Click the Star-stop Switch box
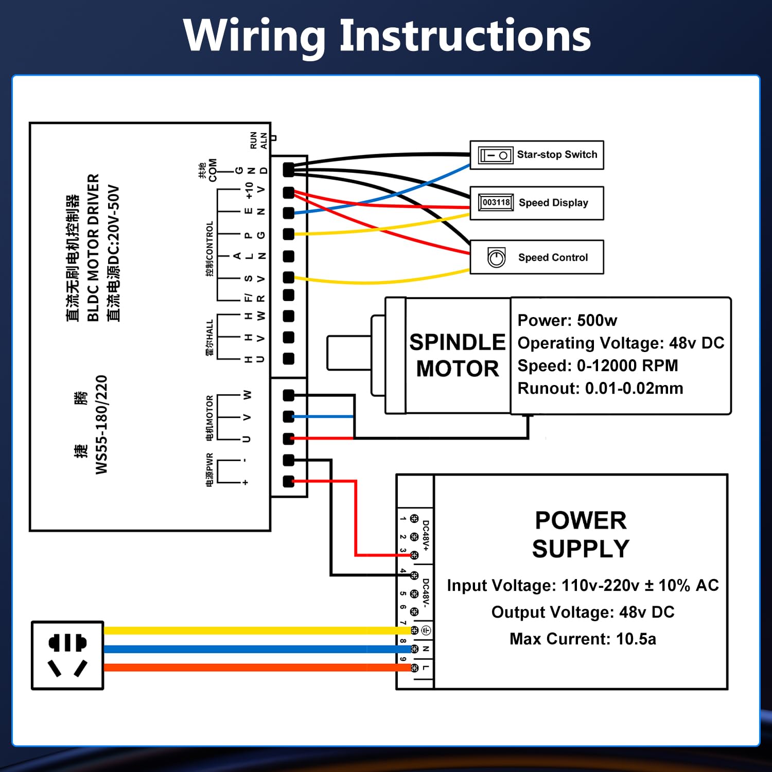537,155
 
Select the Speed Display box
537,203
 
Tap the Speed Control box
537,257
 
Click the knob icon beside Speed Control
496,257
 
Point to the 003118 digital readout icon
496,202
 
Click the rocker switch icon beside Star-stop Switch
495,155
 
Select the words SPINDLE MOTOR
458,356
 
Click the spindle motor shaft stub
348,353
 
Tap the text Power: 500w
567,321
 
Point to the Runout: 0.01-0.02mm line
600,389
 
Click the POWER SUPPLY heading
581,534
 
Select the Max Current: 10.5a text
583,639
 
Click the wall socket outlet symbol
67,655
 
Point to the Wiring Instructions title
387,36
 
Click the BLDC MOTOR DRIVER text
93,247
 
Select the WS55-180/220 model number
101,425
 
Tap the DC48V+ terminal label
426,536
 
